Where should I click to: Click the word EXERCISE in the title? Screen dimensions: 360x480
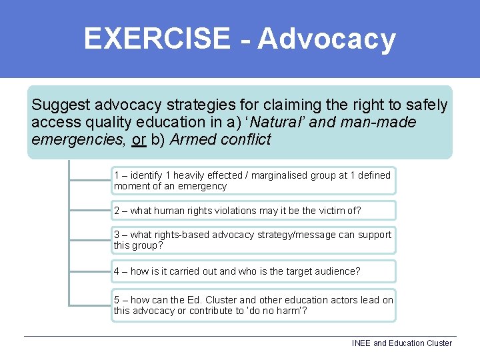tap(156, 39)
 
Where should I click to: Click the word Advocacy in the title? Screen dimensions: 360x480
tap(327, 39)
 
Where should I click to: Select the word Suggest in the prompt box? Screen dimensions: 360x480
tap(61, 105)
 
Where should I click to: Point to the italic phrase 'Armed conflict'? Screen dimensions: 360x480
tap(221, 140)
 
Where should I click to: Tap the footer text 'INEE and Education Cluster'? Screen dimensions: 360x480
tap(401, 343)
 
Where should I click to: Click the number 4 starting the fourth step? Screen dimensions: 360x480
tap(117, 271)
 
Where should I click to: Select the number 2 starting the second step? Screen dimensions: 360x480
tap(117, 211)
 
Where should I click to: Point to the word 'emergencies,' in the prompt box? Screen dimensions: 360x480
tap(73, 140)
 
